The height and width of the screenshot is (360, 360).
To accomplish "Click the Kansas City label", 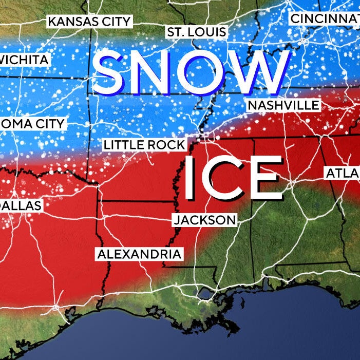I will pos(89,22).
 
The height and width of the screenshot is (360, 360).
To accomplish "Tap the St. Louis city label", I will pos(196,32).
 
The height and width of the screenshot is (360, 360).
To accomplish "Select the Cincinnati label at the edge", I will pos(324,19).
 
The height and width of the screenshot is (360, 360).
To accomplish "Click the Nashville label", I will pos(283,105).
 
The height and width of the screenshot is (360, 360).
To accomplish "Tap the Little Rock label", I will pos(144,145).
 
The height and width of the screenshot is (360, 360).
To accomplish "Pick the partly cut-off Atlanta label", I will pos(343,174).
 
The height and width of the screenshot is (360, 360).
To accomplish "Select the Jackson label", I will pos(205,220).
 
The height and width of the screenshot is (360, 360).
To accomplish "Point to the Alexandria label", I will pos(139,254).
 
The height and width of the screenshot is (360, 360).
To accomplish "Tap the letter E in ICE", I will pos(264,178).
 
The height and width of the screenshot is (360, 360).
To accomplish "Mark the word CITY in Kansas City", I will pos(115,22).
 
